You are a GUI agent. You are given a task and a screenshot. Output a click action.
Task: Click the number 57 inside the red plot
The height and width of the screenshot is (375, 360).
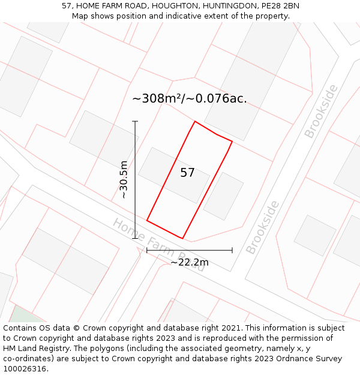(187, 173)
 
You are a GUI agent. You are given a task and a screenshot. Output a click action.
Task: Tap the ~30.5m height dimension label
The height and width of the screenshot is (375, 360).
(124, 179)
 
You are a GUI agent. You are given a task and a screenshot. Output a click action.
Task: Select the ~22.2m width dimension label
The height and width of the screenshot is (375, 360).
(190, 262)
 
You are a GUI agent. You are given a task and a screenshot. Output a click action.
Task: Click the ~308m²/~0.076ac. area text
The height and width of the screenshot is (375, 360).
(189, 98)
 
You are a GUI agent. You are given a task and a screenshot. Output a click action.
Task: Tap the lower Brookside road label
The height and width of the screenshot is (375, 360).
(263, 227)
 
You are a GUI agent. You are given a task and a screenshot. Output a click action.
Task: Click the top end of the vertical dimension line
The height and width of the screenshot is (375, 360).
(135, 121)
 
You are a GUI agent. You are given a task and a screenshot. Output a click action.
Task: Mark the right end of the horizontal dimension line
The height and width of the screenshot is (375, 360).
(232, 250)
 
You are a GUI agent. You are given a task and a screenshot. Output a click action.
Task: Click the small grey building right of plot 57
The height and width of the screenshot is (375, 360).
(223, 196)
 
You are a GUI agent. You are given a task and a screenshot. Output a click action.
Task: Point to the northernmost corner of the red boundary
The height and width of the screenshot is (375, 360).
(194, 121)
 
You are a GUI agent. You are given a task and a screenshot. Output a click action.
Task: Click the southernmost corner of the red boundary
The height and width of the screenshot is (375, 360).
(182, 238)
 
